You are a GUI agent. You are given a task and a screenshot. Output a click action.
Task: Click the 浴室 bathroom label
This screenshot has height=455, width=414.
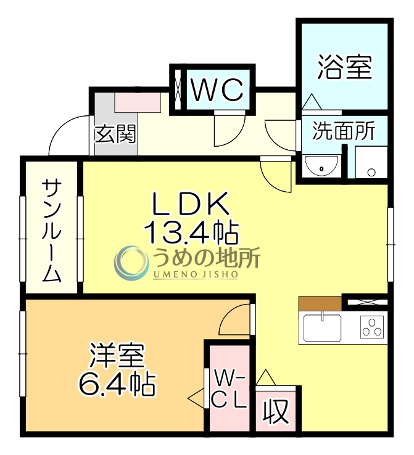(345, 68)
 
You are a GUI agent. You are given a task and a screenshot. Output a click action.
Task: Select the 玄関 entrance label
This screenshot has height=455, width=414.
(115, 133)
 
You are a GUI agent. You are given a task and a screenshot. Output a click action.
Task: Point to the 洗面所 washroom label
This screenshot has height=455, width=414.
(343, 131)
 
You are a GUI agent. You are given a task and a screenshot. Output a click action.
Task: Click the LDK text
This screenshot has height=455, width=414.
(191, 204)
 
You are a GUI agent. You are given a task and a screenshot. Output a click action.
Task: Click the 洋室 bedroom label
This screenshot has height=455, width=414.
(117, 356)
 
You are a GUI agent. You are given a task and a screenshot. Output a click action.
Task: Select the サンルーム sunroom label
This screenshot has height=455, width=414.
(52, 229)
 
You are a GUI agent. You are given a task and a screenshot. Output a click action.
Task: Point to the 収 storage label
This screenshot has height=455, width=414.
(277, 412)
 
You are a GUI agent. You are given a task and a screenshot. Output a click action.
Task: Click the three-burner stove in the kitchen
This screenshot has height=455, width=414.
(373, 327)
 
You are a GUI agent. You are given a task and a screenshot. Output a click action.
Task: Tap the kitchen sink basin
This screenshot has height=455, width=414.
(321, 326)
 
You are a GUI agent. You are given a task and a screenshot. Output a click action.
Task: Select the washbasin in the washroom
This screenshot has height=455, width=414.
(321, 165)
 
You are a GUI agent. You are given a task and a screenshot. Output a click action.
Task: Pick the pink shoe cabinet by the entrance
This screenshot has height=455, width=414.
(138, 101)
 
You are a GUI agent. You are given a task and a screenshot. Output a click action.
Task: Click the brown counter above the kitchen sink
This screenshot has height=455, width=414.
(320, 303)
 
